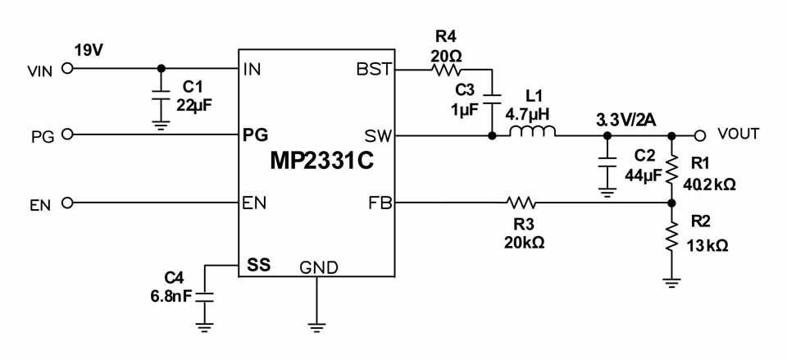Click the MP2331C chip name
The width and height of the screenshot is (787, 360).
(322, 160)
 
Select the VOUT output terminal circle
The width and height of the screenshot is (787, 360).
(699, 134)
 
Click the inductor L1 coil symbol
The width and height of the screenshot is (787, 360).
(534, 131)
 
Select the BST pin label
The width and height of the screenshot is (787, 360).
(374, 70)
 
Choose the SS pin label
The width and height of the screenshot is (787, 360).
(258, 265)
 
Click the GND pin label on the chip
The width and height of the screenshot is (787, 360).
(317, 267)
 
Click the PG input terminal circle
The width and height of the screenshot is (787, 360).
(67, 134)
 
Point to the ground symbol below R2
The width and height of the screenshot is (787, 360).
(671, 283)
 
